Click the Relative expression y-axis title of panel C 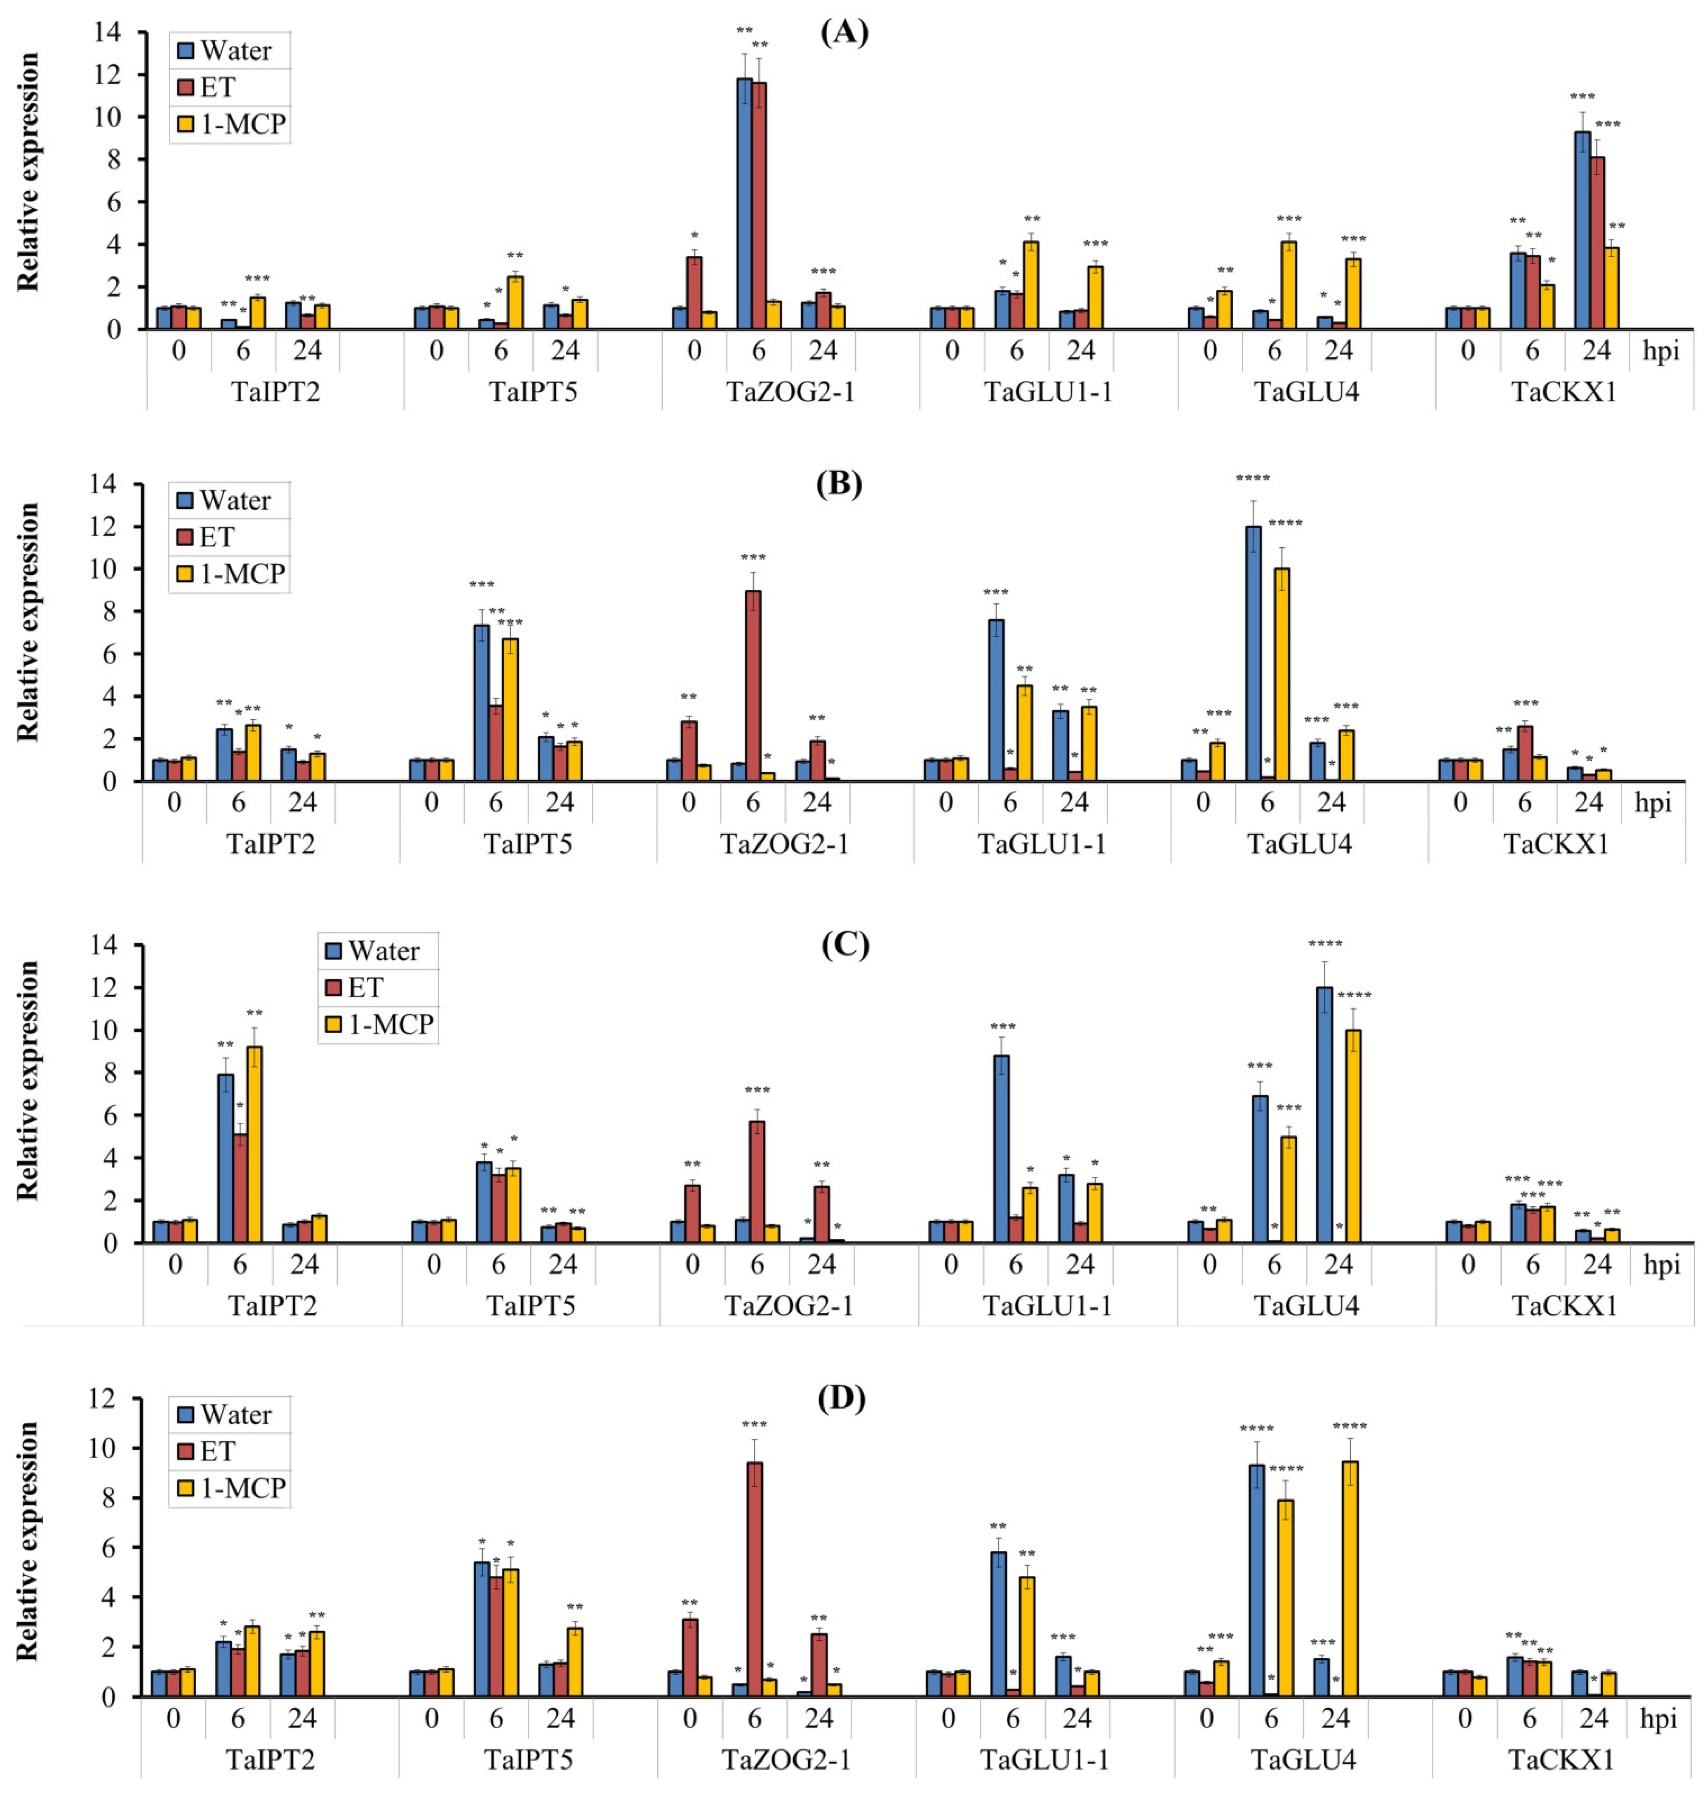point(29,1081)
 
